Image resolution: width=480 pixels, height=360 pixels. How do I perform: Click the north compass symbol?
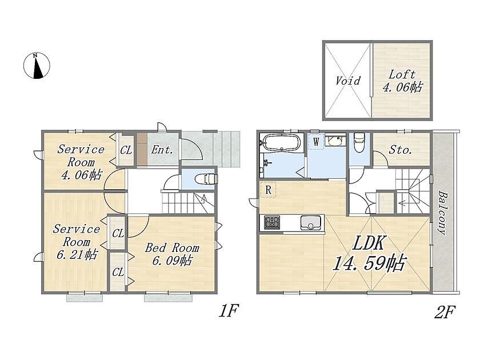pyautogui.click(x=37, y=66)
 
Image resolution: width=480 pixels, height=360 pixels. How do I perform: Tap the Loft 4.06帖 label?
pyautogui.click(x=402, y=81)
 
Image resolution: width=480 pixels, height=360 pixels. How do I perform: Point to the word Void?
pyautogui.click(x=348, y=81)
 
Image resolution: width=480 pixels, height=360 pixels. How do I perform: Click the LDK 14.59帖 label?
pyautogui.click(x=369, y=254)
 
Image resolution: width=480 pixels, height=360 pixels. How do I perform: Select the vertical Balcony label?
pyautogui.click(x=442, y=213)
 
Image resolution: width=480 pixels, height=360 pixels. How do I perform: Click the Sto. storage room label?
pyautogui.click(x=401, y=150)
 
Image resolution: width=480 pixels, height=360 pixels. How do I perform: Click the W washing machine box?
pyautogui.click(x=316, y=142)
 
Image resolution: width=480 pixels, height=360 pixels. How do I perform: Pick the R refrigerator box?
pyautogui.click(x=268, y=190)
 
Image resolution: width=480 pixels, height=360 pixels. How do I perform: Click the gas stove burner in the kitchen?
pyautogui.click(x=272, y=222)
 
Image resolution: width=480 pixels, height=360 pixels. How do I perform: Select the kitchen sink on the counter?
pyautogui.click(x=311, y=222)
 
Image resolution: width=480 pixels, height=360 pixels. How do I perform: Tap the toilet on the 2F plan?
pyautogui.click(x=358, y=142)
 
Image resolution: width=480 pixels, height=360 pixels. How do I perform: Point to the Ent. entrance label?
pyautogui.click(x=162, y=150)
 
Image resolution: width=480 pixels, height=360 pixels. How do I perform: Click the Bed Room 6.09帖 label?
pyautogui.click(x=172, y=254)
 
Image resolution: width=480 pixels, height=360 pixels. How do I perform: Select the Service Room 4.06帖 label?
pyautogui.click(x=81, y=162)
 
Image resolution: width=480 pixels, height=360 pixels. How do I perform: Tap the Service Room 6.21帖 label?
pyautogui.click(x=77, y=242)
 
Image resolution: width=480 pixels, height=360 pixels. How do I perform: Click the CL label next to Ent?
pyautogui.click(x=126, y=150)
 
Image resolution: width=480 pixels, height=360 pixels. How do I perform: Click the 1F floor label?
pyautogui.click(x=229, y=311)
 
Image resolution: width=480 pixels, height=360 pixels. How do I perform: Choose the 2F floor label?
pyautogui.click(x=445, y=312)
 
